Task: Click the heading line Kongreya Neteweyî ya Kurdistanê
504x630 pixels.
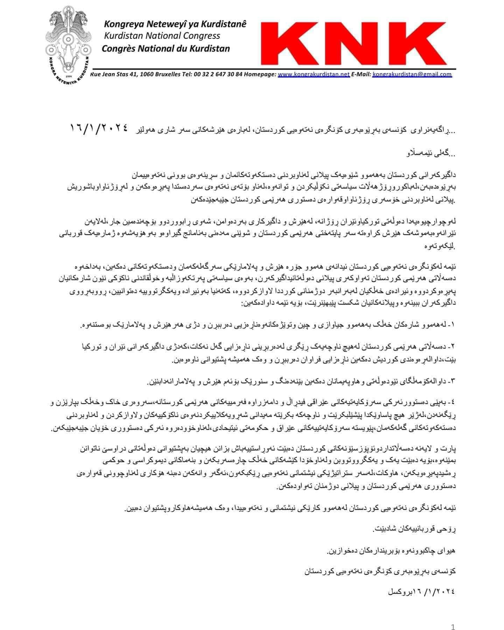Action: coord(175,24)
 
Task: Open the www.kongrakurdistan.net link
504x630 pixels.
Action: coord(314,74)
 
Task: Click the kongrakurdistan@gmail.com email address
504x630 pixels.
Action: coord(412,74)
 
